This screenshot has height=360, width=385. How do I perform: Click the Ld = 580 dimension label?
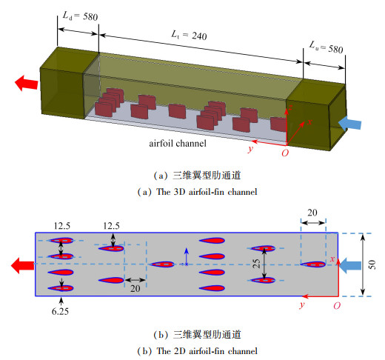[80, 16]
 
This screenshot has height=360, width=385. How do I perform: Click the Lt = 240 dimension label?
[189, 36]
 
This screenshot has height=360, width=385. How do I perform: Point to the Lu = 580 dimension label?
[327, 47]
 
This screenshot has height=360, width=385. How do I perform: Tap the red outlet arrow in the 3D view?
[26, 83]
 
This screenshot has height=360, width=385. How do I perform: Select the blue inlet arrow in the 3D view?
[349, 123]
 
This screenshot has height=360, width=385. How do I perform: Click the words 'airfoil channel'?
[178, 144]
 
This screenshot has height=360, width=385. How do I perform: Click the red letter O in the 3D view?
[285, 153]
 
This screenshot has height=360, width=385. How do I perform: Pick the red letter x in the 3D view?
[309, 121]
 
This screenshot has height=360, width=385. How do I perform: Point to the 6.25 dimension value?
[60, 311]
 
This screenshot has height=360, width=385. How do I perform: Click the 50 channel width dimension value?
[372, 264]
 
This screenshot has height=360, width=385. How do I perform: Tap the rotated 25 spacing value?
[257, 264]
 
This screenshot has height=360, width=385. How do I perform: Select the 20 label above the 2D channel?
[312, 213]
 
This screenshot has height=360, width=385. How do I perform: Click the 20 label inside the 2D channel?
[135, 288]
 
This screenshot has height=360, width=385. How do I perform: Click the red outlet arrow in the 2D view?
[22, 265]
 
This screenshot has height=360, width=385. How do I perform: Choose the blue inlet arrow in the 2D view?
[350, 266]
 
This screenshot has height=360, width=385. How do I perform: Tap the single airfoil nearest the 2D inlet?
[313, 264]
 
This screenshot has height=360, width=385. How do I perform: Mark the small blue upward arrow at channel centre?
[187, 257]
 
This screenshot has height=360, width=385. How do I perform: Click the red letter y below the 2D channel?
[301, 305]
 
